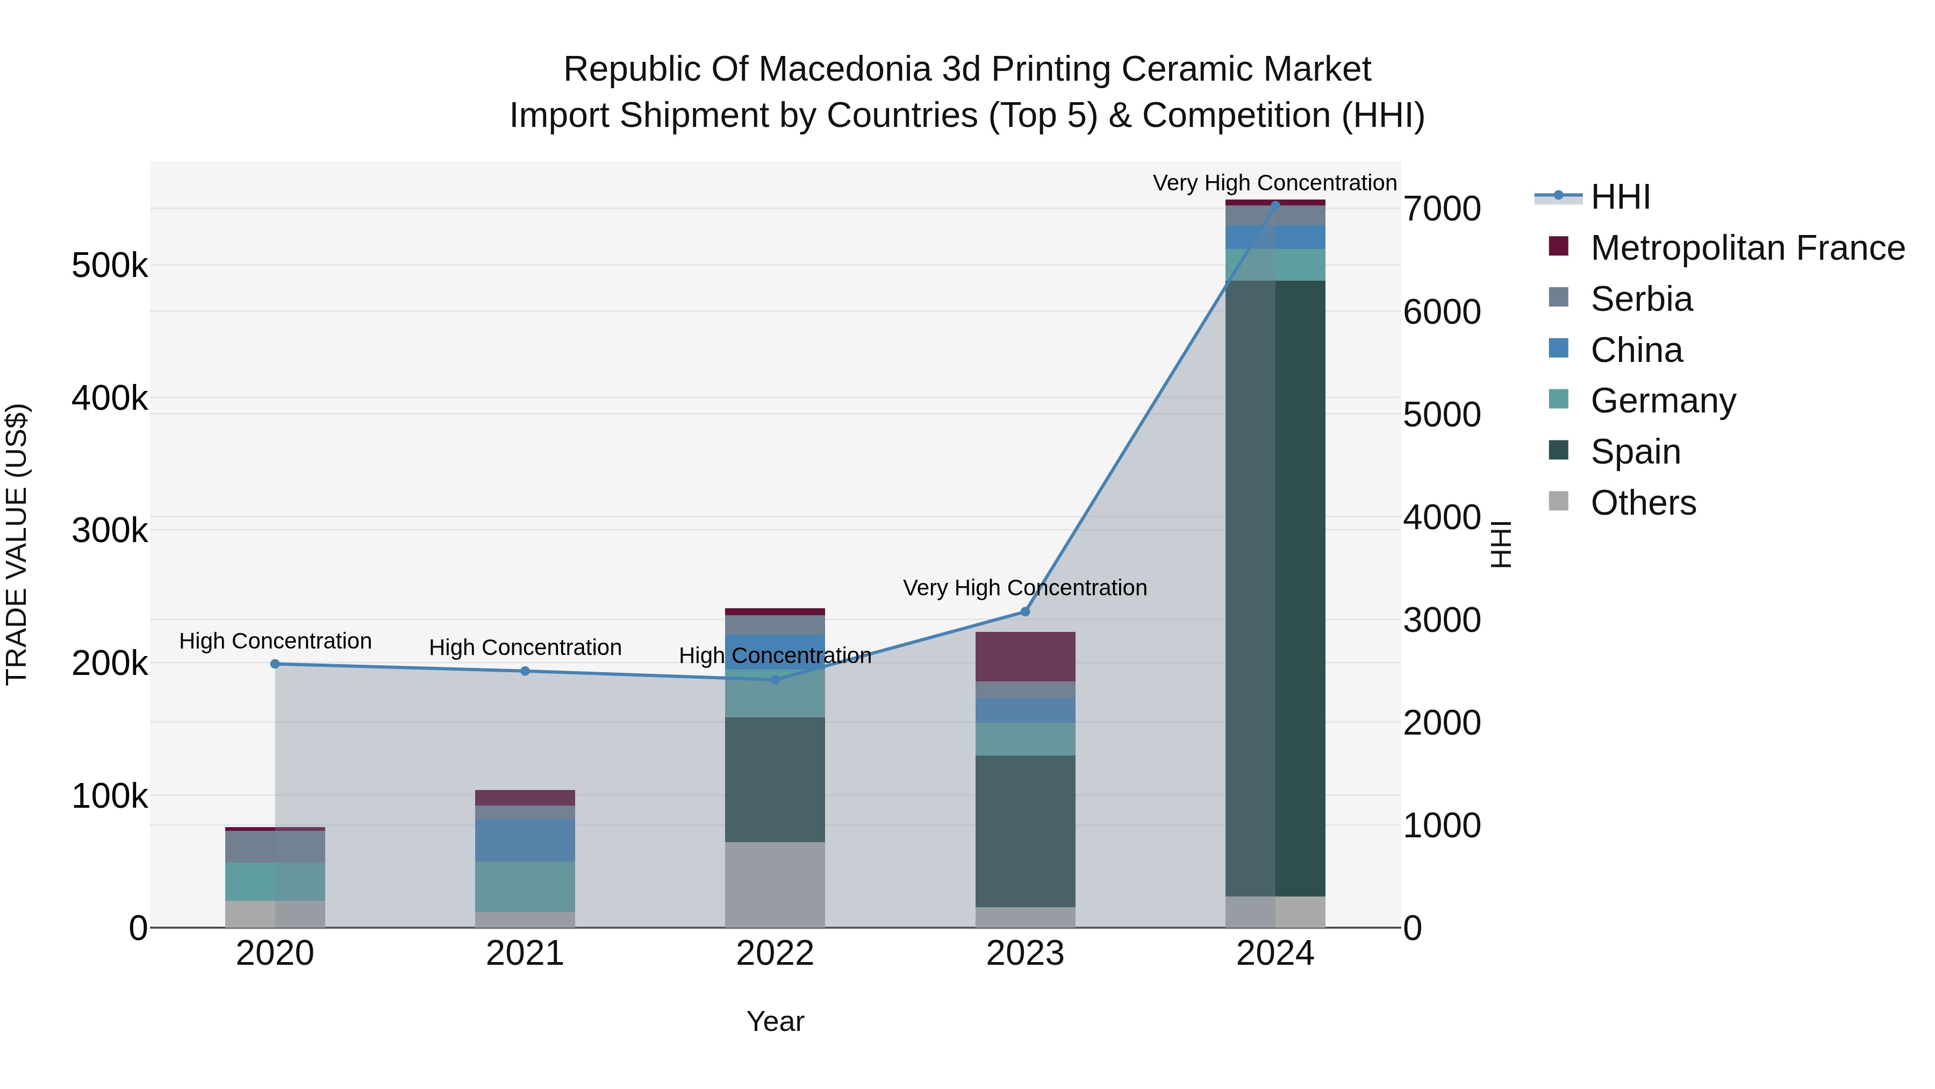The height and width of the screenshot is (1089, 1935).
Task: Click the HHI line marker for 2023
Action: (1024, 612)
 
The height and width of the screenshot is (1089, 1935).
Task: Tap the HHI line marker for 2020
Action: (275, 664)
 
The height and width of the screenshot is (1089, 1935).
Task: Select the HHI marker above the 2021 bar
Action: (525, 671)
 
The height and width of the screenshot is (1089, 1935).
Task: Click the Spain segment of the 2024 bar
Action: (1275, 586)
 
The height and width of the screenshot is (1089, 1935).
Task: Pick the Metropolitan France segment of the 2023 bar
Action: (1024, 656)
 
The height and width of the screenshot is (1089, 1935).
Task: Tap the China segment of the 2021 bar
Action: (525, 840)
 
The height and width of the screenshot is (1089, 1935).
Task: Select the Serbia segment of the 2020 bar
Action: (275, 846)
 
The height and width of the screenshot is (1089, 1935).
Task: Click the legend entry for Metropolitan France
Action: (1746, 248)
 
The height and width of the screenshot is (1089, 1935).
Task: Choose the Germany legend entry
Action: (1662, 401)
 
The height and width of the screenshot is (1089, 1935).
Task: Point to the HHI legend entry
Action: (1619, 197)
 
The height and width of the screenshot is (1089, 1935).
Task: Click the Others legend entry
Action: (1643, 503)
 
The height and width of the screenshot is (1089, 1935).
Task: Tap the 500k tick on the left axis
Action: (110, 265)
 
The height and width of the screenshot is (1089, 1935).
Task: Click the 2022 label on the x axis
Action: (775, 953)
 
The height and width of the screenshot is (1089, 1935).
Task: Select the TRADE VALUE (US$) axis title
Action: (17, 544)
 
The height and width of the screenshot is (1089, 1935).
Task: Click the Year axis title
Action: (775, 1021)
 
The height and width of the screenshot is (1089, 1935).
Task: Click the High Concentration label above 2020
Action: (275, 641)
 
